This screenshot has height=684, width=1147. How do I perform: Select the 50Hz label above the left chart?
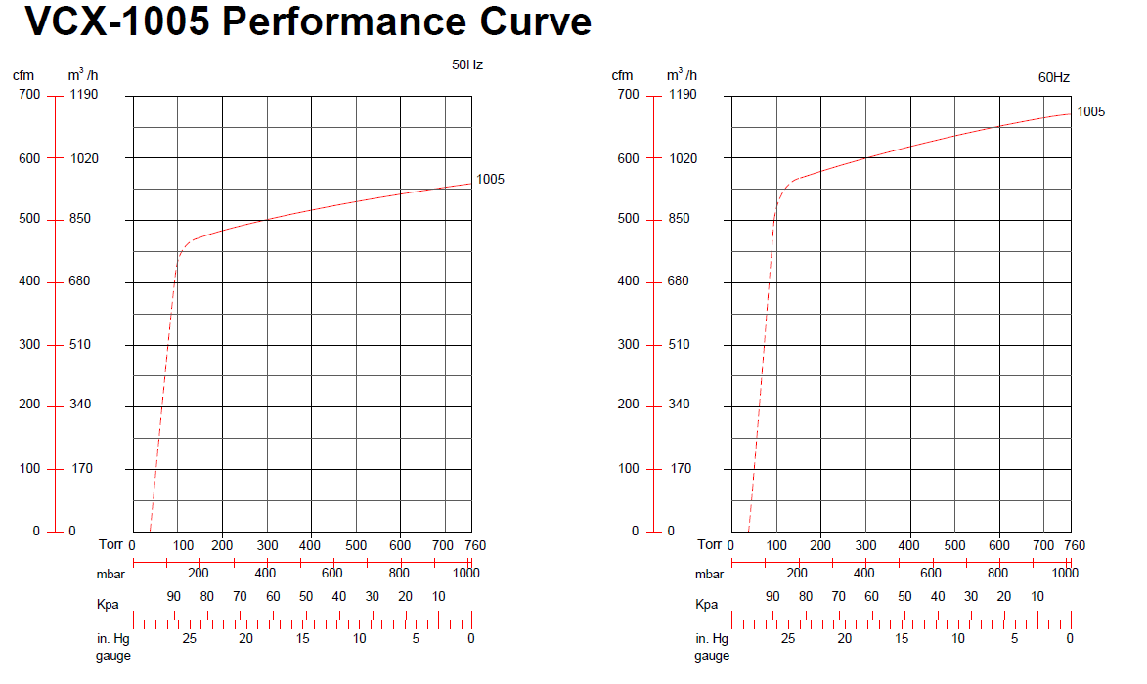(467, 64)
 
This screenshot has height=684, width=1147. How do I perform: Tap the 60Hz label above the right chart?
(1053, 77)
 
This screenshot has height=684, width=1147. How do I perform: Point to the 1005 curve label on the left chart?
(490, 179)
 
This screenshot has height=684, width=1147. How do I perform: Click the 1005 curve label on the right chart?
(1090, 111)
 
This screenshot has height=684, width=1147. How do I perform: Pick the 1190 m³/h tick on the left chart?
(84, 95)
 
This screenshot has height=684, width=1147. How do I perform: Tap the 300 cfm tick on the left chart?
(28, 344)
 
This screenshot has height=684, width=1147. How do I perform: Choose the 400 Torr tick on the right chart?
(908, 545)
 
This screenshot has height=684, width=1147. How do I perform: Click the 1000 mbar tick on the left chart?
(466, 575)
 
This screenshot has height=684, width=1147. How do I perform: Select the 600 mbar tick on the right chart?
(931, 575)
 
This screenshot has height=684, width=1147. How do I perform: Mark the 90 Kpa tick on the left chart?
(174, 597)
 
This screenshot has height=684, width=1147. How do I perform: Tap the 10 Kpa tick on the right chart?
(1037, 597)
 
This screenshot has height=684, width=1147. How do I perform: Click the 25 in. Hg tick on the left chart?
(189, 638)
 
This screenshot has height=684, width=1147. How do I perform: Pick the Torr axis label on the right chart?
(711, 544)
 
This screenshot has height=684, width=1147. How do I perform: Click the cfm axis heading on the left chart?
(22, 75)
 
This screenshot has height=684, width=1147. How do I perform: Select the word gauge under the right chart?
(712, 656)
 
